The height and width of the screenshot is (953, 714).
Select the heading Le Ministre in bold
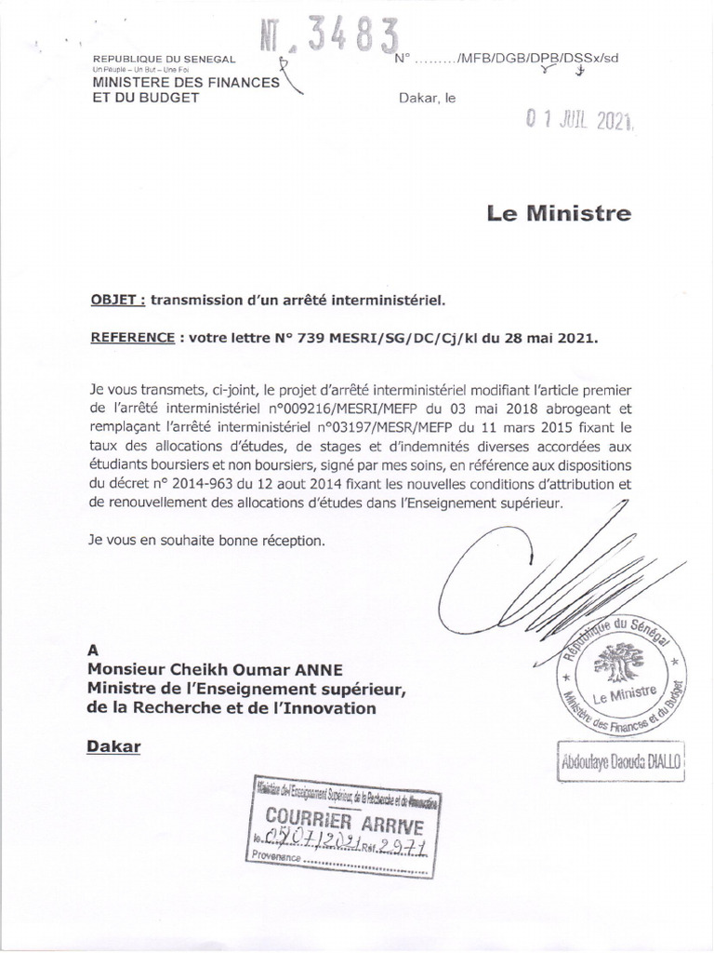(559, 214)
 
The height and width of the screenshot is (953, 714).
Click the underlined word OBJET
(115, 301)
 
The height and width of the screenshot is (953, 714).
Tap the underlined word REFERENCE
(131, 340)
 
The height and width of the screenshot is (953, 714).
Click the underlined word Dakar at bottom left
(112, 746)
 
